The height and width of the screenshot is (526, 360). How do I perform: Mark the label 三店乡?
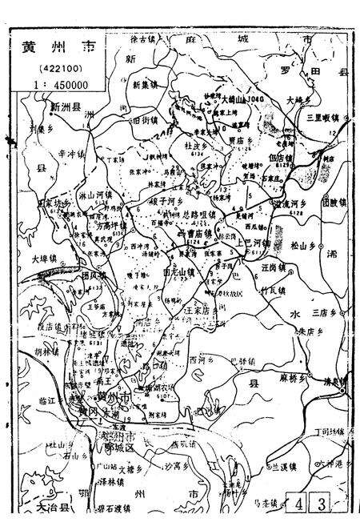pos(326,311)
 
